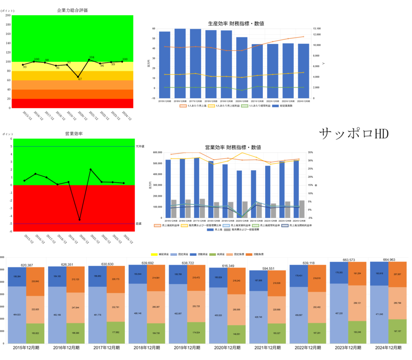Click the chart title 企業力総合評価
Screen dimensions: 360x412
(72, 10)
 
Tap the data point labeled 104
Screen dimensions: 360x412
(89, 60)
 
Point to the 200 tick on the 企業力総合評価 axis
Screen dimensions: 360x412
(8, 15)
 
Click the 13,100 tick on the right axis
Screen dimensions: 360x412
(317, 29)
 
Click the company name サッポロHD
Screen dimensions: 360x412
(354, 134)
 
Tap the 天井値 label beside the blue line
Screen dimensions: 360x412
(140, 146)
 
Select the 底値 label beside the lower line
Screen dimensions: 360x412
(138, 224)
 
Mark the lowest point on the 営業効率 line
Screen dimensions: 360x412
(80, 220)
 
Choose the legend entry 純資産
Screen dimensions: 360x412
(209, 255)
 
